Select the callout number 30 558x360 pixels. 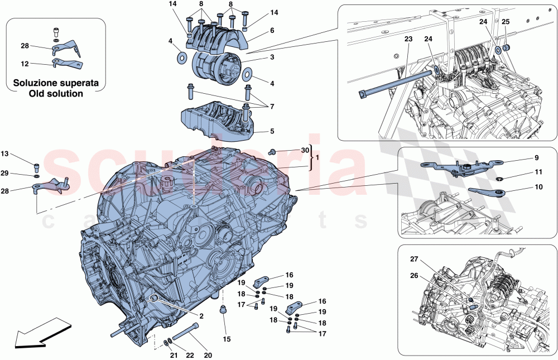[x=304, y=150]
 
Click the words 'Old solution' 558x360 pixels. [x=56, y=93]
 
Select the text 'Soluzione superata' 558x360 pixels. [x=56, y=83]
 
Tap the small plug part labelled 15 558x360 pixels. [x=225, y=310]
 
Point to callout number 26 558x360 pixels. [x=414, y=275]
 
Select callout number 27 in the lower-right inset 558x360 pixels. [x=414, y=258]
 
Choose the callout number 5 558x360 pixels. [x=272, y=132]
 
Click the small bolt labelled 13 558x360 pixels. [x=37, y=165]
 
